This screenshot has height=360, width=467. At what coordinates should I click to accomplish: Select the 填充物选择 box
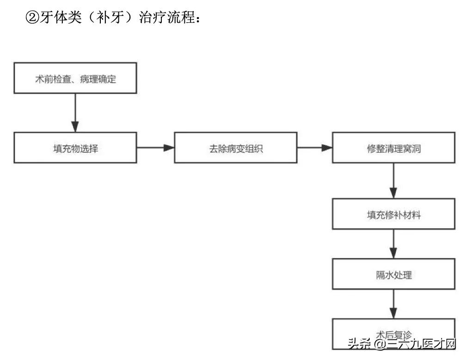pos(75,148)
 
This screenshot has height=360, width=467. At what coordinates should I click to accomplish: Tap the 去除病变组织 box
pos(236,148)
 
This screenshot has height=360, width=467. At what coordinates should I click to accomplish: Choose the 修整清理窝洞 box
pos(393,148)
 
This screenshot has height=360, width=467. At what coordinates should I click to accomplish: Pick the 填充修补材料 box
pos(393,215)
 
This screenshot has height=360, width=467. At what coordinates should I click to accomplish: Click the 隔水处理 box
pos(393,274)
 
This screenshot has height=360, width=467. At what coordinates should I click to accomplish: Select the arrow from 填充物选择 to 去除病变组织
pos(155,148)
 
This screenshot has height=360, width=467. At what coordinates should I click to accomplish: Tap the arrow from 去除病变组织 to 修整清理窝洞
pos(314,148)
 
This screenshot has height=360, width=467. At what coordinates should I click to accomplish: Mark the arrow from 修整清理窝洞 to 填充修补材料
pos(393,181)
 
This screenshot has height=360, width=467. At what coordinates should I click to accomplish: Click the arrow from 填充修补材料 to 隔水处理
pos(393,244)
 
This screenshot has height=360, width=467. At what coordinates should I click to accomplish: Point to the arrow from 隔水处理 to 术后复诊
pos(393,304)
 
